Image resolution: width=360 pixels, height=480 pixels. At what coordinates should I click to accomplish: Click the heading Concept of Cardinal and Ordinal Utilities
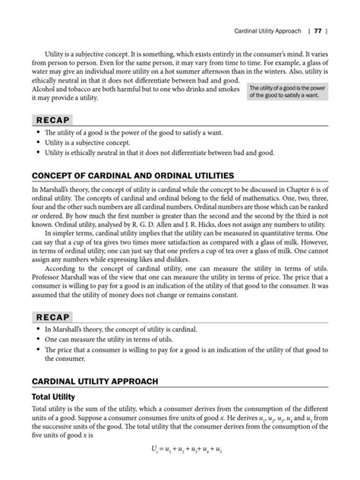[x=132, y=175]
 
